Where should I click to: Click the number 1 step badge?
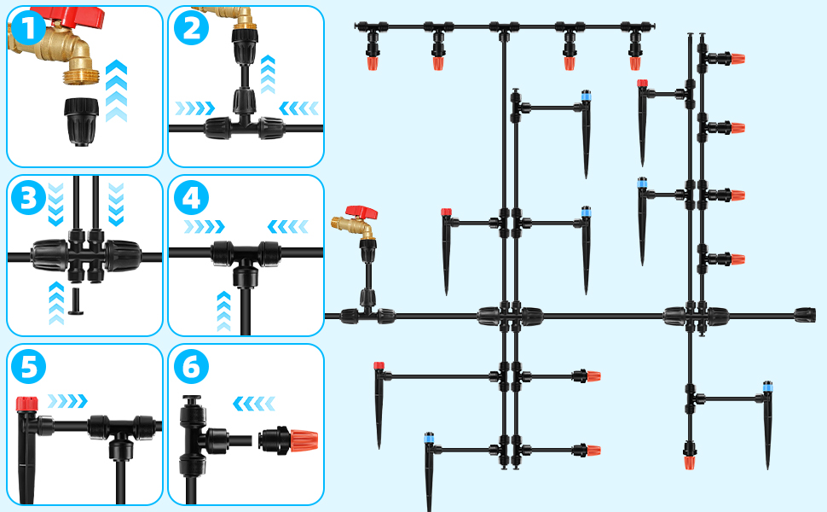(29, 31)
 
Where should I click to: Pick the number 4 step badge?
(190, 198)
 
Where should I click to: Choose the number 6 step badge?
(190, 368)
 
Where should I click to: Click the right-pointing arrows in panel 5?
(67, 401)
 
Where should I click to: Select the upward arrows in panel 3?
(57, 302)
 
